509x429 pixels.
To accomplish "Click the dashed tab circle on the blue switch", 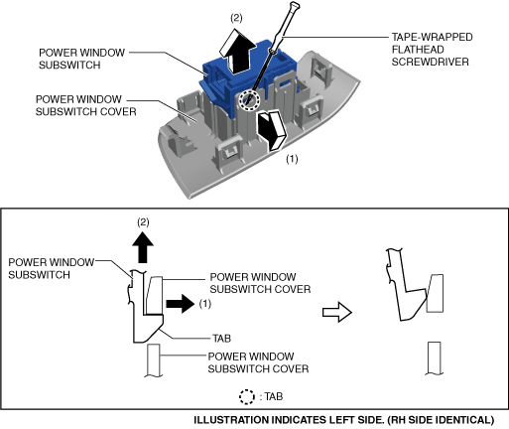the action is coord(249,99).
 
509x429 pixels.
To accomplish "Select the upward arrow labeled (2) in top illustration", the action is coord(237,52).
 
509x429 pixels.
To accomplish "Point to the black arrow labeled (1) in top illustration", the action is coord(271,130).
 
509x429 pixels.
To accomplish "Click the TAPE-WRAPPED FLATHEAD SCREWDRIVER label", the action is coord(432,50).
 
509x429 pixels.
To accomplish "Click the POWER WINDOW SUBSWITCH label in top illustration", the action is coord(81,59).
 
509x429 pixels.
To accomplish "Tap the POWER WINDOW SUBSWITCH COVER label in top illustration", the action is coord(85,105).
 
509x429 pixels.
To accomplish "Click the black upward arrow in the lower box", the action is coord(143,247).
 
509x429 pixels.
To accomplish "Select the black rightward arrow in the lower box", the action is coord(181,304).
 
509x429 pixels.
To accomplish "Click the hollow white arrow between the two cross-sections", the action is coord(337,312).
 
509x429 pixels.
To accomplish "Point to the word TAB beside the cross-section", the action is coord(221,339).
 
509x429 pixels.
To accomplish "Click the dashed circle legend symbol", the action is coord(247,397).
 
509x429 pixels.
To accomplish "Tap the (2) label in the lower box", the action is coord(143,222).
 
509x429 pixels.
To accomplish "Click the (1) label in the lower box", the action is coord(205,304).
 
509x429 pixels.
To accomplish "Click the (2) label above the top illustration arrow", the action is coord(236,18).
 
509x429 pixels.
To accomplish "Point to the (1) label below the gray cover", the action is coord(292,159).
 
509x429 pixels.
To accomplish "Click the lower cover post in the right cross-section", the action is coord(434,358).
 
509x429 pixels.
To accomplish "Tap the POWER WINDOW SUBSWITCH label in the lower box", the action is coord(52,268).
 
